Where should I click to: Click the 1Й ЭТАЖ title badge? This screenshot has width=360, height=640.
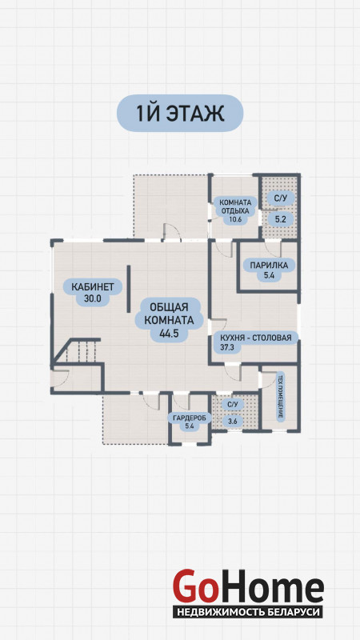pos(180,113)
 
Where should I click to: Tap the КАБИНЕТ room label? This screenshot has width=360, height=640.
pos(93,286)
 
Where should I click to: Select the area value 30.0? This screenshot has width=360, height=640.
pos(93,298)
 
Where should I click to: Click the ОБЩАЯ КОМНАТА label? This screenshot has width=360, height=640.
pos(169,313)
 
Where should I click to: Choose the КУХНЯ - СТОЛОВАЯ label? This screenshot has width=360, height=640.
pos(255,338)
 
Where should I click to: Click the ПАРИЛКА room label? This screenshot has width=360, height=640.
pos(269,266)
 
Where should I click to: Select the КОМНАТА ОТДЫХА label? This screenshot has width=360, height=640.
pos(235,207)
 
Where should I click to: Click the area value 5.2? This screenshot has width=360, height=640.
pos(280,219)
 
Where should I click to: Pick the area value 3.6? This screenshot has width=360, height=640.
pos(233,422)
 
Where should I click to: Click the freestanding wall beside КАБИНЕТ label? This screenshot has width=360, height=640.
pos(129,289)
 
